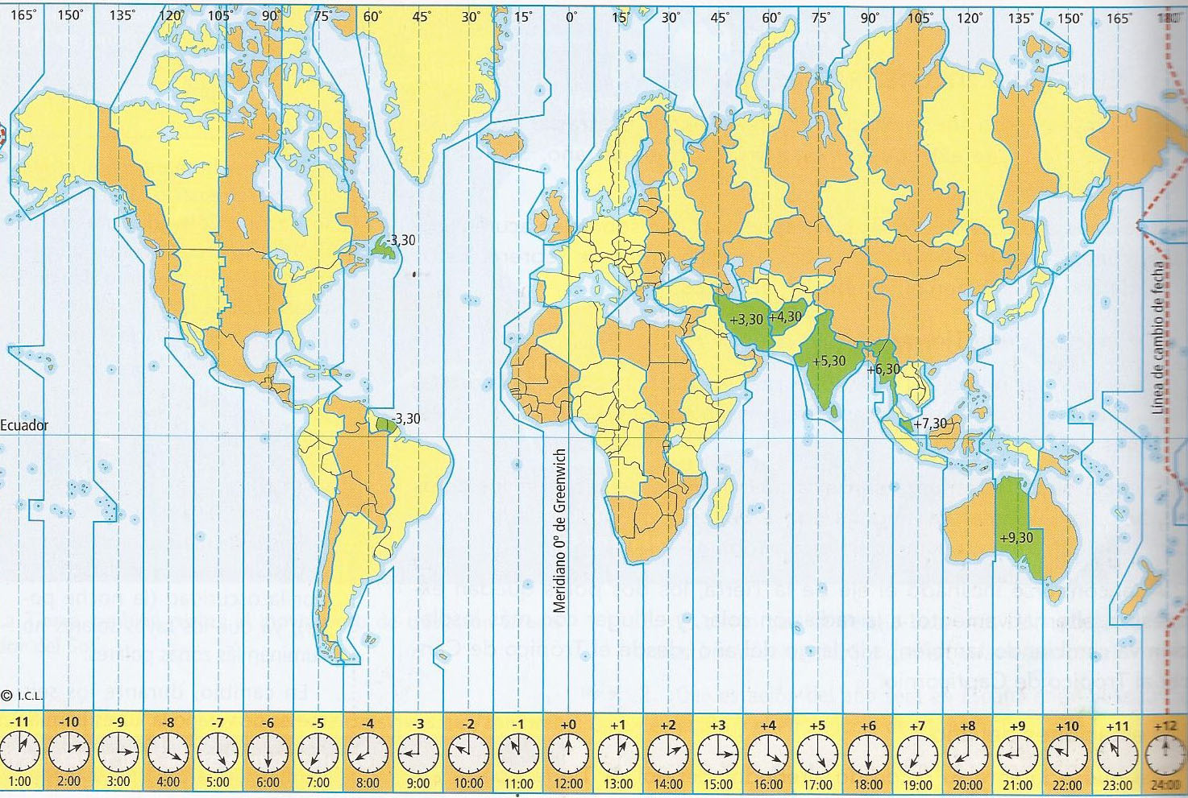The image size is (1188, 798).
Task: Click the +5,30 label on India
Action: point(829,361)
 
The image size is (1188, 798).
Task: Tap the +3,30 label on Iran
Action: point(746,319)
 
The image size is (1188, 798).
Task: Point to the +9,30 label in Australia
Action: point(1016,537)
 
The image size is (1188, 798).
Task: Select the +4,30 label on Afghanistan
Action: point(786,316)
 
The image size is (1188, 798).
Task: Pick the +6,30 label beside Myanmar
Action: point(883,370)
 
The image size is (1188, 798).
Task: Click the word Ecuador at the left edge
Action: point(24,425)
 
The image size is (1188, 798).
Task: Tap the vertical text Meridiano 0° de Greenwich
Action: point(561,531)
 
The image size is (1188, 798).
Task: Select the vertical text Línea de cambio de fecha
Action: point(1159,338)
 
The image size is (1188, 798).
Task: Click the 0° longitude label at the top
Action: point(571,16)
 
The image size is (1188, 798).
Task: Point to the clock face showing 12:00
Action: point(568,754)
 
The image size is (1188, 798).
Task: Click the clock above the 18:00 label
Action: point(868,754)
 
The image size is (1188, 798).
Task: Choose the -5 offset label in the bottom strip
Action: point(318,724)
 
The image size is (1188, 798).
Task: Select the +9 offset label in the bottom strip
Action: point(1017,725)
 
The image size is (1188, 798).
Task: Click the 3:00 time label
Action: point(118,782)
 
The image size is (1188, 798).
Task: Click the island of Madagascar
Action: point(723,499)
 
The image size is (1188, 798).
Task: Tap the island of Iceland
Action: point(503,145)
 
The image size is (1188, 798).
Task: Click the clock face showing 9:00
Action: point(418,754)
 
